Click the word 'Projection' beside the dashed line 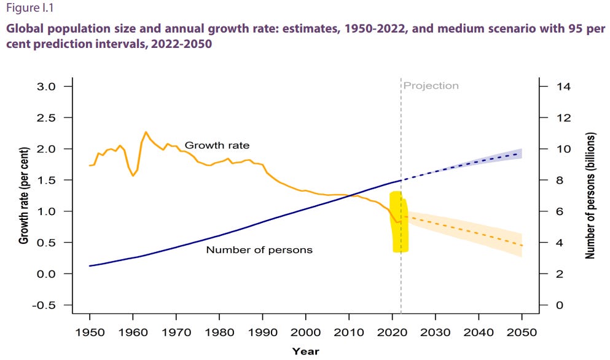[x=431, y=86]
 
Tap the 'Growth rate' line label [x=217, y=146]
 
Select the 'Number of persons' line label [x=259, y=250]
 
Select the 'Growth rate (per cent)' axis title [x=24, y=195]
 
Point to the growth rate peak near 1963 [x=146, y=132]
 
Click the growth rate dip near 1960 [x=133, y=176]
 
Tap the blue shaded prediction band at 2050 [x=519, y=154]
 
